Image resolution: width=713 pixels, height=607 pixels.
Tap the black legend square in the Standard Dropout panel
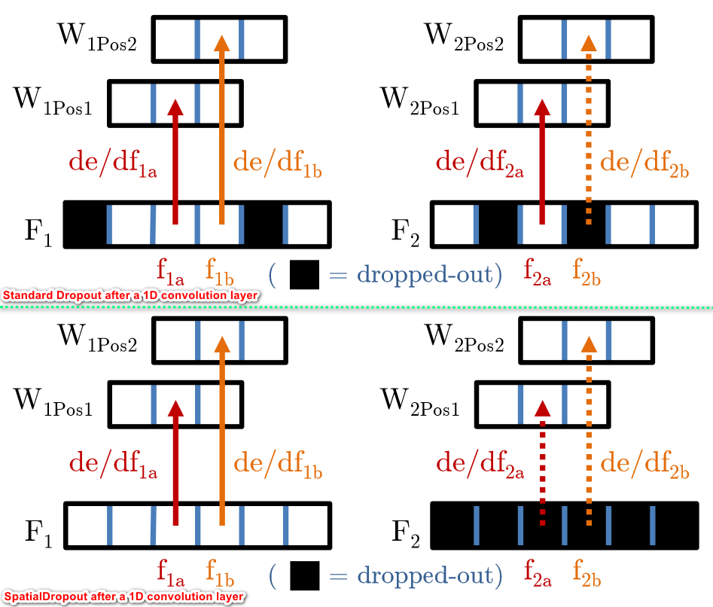[x=304, y=274]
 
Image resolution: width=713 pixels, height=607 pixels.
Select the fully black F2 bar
[x=564, y=525]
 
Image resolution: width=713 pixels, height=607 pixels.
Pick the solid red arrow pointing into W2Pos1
[x=542, y=162]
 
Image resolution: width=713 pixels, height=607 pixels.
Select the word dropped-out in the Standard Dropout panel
[x=425, y=274]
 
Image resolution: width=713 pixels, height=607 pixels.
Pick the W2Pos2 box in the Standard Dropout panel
[x=586, y=39]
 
